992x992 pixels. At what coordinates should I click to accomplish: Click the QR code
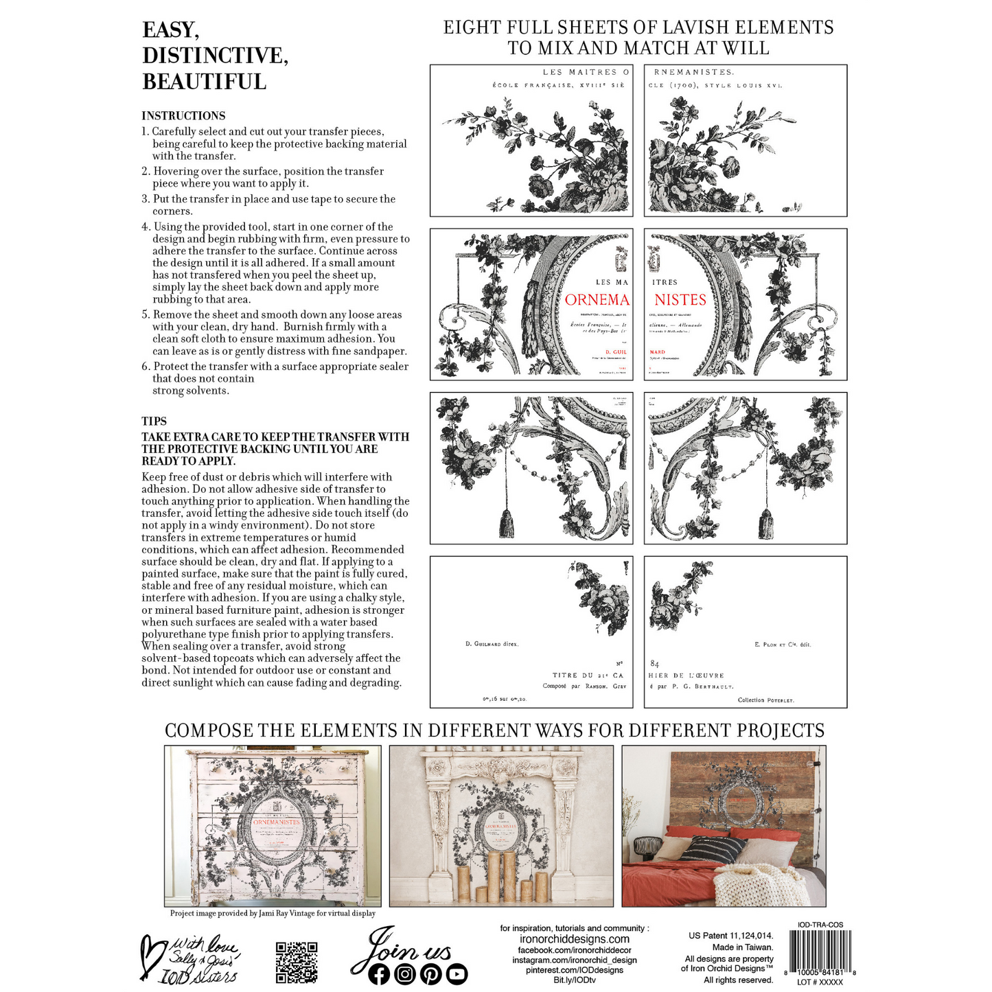(x=297, y=962)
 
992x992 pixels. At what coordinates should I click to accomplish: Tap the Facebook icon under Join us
(x=378, y=974)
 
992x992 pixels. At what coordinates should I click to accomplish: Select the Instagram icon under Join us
(x=405, y=974)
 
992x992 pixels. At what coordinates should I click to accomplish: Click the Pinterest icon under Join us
(x=431, y=974)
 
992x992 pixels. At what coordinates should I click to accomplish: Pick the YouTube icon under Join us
(x=457, y=974)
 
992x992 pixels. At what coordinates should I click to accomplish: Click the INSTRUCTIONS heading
(x=183, y=116)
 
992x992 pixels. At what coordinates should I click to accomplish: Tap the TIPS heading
(x=154, y=422)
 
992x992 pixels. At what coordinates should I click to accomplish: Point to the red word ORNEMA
(x=597, y=300)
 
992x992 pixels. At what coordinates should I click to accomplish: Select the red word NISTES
(x=680, y=300)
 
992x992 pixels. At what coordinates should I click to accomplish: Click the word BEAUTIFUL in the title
(x=204, y=82)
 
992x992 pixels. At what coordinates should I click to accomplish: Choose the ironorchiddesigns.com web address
(x=574, y=939)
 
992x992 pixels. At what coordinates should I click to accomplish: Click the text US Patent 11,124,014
(x=730, y=936)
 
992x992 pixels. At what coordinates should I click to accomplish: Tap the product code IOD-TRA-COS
(x=820, y=925)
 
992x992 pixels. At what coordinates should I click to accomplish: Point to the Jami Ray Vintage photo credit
(x=273, y=914)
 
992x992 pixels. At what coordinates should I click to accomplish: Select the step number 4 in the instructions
(x=146, y=227)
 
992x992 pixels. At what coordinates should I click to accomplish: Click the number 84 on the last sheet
(x=654, y=664)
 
